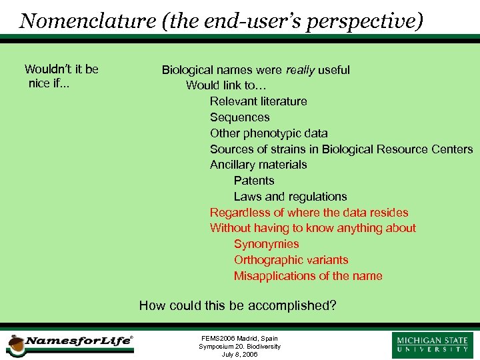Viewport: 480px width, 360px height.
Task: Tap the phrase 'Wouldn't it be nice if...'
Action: (x=61, y=76)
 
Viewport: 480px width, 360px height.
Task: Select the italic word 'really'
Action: (x=300, y=70)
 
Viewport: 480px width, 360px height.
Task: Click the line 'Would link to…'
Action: (x=226, y=85)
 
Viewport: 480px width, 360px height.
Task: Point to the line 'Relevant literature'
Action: (x=258, y=101)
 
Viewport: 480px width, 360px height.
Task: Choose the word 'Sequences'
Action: (x=239, y=117)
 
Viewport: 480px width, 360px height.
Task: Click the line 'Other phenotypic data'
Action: (x=269, y=133)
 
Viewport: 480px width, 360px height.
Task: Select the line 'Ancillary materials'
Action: (x=258, y=165)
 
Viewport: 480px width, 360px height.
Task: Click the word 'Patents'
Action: (x=254, y=181)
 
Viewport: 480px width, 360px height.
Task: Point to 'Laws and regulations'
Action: (x=290, y=197)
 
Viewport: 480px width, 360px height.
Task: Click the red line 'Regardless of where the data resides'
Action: (x=309, y=213)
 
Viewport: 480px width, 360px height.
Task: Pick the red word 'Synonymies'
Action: (x=266, y=244)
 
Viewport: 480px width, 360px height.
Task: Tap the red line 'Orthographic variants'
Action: (x=291, y=260)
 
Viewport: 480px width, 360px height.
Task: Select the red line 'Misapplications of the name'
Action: (x=308, y=276)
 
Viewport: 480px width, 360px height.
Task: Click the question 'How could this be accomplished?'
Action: (x=237, y=306)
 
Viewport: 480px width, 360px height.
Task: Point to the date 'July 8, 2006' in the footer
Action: (x=239, y=354)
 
